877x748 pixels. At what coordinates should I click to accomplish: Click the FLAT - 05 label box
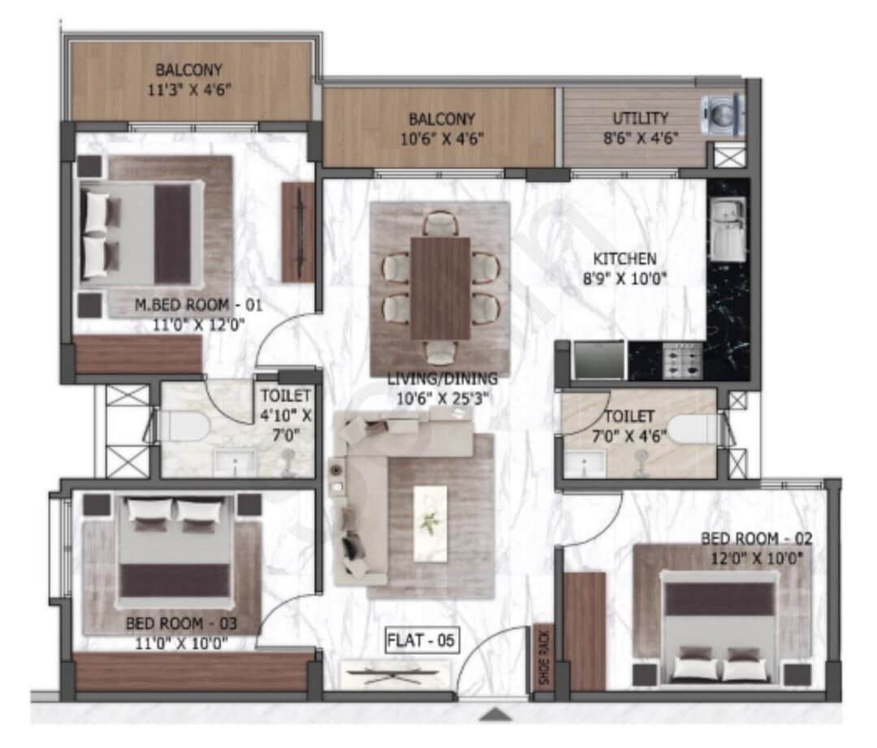[422, 641]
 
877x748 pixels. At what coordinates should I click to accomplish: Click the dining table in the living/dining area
[440, 287]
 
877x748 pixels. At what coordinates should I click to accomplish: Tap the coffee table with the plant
[430, 522]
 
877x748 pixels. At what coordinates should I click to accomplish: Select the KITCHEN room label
[624, 259]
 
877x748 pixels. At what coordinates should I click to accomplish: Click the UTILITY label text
[641, 118]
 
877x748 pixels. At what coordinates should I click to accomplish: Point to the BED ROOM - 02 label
[757, 538]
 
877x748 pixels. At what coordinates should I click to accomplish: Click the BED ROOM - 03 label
[181, 624]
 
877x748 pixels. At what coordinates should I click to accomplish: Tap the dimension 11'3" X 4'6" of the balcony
[190, 89]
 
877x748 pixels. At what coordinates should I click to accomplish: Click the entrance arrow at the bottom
[495, 714]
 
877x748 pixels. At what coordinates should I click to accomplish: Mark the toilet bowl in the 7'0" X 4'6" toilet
[689, 429]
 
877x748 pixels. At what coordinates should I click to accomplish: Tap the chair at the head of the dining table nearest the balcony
[440, 222]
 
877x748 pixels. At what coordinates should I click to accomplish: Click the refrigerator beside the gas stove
[598, 359]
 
